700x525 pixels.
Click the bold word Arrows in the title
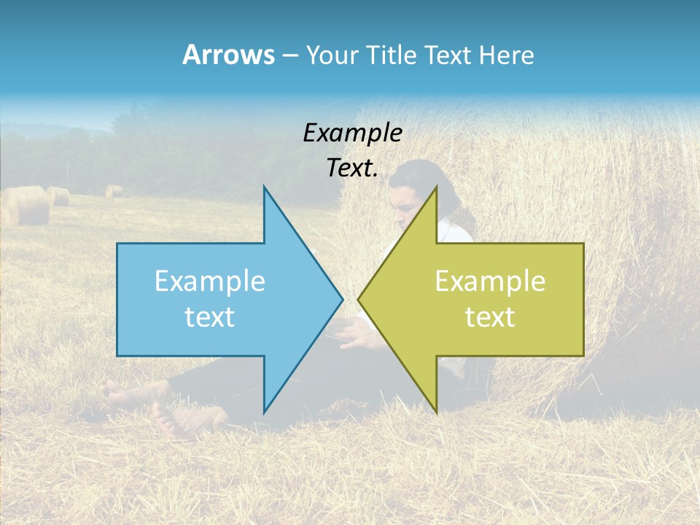pos(228,55)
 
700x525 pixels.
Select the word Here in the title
pos(507,55)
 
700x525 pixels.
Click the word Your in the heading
pos(332,55)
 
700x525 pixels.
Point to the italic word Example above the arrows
pos(352,133)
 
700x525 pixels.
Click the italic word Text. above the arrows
pos(352,168)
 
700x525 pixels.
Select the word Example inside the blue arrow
pos(210,281)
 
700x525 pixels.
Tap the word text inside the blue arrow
pos(210,316)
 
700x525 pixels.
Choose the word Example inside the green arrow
pos(490,281)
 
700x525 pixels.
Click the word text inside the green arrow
pos(490,316)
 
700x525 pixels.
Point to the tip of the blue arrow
pos(342,299)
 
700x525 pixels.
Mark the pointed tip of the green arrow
pos(359,299)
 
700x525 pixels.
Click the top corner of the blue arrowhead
pos(264,187)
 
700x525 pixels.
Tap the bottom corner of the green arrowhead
pos(436,412)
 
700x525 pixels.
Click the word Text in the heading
pos(449,55)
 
